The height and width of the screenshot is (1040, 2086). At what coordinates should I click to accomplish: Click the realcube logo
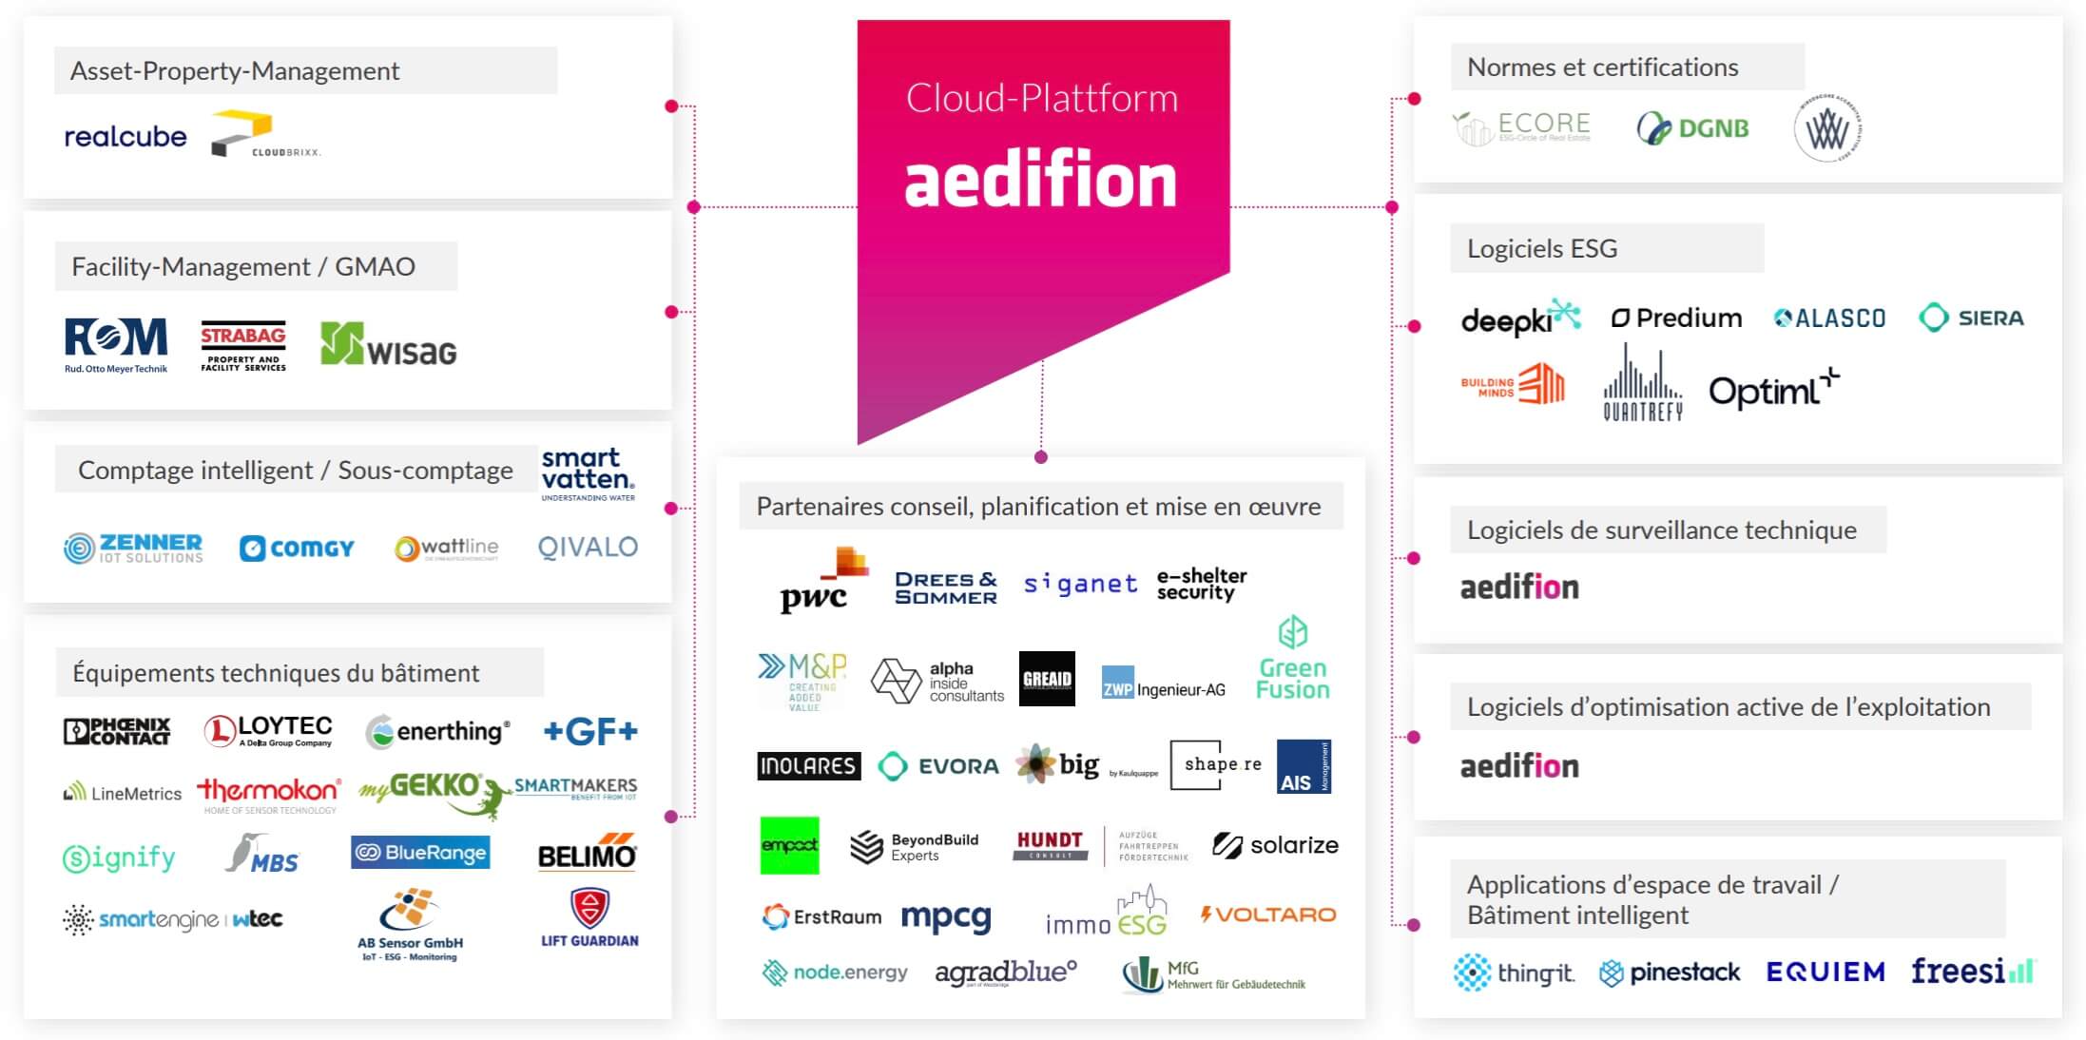pyautogui.click(x=125, y=137)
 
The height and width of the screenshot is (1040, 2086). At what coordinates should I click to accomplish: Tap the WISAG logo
pyautogui.click(x=388, y=345)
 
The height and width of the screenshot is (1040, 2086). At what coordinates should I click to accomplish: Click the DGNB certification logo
pyautogui.click(x=1692, y=128)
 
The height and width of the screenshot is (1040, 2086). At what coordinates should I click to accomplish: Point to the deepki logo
pyautogui.click(x=1519, y=318)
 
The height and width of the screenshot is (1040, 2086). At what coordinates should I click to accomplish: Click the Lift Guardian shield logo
pyautogui.click(x=589, y=910)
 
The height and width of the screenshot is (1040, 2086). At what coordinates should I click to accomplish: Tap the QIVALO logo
pyautogui.click(x=588, y=548)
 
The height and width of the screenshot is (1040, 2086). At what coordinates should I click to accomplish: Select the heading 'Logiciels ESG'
pyautogui.click(x=1541, y=249)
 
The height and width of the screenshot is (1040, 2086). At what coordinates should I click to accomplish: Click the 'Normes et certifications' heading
pyautogui.click(x=1602, y=67)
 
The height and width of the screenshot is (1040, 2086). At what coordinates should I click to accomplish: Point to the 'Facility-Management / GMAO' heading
pyautogui.click(x=243, y=267)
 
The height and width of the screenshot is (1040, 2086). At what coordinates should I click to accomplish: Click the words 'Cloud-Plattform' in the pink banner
pyautogui.click(x=1041, y=99)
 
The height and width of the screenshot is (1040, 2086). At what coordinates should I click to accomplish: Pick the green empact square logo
pyautogui.click(x=789, y=845)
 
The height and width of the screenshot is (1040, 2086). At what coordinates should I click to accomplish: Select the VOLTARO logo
pyautogui.click(x=1268, y=915)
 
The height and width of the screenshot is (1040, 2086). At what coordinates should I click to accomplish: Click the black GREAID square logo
pyautogui.click(x=1047, y=679)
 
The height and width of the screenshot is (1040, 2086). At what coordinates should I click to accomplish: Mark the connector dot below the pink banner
pyautogui.click(x=1041, y=457)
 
